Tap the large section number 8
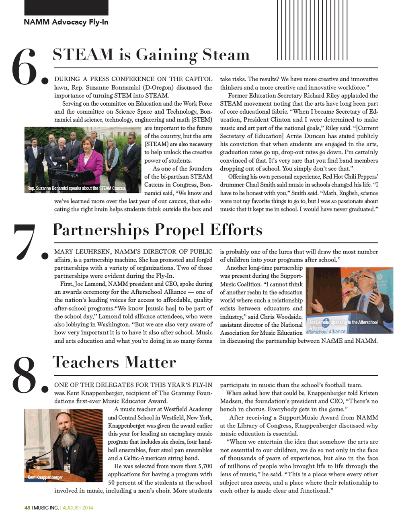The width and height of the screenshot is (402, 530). (x=25, y=374)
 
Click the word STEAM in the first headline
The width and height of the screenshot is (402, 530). (x=83, y=55)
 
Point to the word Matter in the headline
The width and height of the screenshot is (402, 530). (x=150, y=362)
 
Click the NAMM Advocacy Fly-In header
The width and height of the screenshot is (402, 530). (x=66, y=22)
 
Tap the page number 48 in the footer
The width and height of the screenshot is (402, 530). (x=27, y=507)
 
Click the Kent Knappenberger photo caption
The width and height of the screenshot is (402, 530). (x=45, y=477)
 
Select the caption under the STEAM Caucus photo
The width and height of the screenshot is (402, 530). (x=76, y=188)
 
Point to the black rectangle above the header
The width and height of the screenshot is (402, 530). (x=66, y=7)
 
